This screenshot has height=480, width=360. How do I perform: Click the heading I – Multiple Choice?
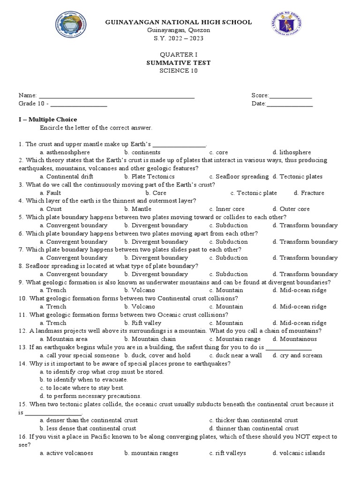tap(48, 120)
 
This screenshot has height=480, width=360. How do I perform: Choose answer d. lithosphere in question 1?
tap(292, 152)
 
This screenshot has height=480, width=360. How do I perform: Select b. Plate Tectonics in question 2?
tap(149, 177)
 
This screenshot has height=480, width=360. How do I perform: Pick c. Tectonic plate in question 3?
tap(254, 193)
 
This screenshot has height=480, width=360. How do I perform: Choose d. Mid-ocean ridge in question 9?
tap(300, 290)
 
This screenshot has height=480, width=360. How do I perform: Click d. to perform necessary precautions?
tap(90, 396)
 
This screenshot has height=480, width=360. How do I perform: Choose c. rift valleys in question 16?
tap(227, 453)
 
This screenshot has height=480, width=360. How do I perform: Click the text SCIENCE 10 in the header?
tap(179, 71)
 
